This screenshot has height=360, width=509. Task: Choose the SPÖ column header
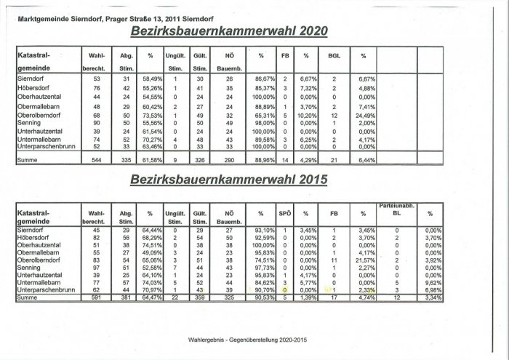coord(285,214)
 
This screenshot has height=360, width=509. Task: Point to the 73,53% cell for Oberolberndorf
coord(151,115)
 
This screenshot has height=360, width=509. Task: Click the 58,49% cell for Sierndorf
coord(151,79)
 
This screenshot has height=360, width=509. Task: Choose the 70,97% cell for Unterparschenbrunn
coord(151,289)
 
